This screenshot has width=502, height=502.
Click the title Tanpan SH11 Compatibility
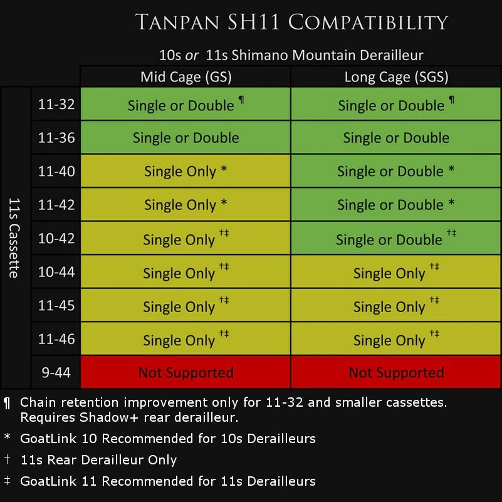coord(291,23)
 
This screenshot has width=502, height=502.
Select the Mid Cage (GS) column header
coord(186,77)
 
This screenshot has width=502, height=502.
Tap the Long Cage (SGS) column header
coord(396,77)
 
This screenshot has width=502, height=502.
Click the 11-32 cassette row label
coord(56,104)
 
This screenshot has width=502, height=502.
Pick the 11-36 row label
coord(56,138)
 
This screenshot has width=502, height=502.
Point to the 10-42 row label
coord(56,239)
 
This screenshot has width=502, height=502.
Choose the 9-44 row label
coord(56,373)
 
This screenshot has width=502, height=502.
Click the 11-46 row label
coord(56,340)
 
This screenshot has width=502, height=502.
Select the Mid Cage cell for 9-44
coord(186,373)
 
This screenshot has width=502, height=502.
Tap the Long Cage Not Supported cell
coord(396,373)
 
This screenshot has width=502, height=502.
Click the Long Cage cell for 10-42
coord(396,239)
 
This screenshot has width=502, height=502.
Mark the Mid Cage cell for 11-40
coord(186,171)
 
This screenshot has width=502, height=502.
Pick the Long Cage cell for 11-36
coord(396,138)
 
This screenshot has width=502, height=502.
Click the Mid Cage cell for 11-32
coord(186,104)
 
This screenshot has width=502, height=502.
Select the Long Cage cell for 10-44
coord(396,273)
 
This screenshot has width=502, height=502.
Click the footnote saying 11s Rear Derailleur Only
coord(98,460)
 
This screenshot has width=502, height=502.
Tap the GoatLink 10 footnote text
coord(167,439)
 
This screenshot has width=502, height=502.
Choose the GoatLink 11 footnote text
coord(167,481)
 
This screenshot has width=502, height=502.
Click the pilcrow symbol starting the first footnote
coord(7,402)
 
